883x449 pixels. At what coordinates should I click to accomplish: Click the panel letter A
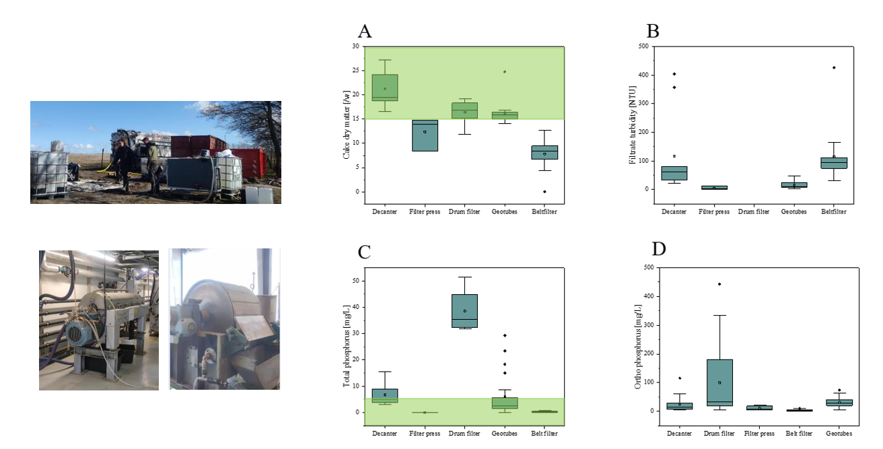click(365, 31)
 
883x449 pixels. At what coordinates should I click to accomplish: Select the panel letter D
click(659, 248)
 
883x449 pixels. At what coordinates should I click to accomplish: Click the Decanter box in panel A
click(385, 88)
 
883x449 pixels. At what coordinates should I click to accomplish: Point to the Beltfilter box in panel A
click(544, 152)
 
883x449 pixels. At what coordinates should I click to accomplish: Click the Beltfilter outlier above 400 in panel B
click(833, 67)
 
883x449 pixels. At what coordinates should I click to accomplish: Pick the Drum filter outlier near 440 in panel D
click(719, 284)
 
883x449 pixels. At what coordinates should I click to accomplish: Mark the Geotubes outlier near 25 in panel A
click(505, 71)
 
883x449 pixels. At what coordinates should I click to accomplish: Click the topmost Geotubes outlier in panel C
click(505, 335)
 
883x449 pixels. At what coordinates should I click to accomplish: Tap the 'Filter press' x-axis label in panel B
click(714, 212)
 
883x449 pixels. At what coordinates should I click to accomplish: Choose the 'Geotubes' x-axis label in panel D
click(839, 434)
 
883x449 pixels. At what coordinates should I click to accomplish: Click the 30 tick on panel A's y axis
click(355, 46)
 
